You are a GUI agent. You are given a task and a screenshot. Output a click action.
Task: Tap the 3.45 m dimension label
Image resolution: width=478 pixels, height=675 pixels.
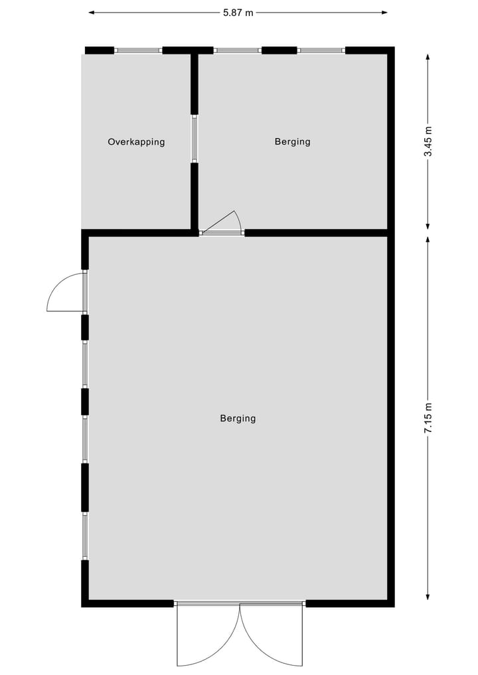pos(428,141)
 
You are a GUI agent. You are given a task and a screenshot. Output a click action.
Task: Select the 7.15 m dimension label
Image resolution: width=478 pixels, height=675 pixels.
pos(428,418)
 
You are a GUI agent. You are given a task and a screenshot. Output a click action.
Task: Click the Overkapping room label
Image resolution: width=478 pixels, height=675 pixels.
pos(136,141)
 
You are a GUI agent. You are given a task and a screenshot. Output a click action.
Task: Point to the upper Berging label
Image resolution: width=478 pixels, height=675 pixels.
pos(292,141)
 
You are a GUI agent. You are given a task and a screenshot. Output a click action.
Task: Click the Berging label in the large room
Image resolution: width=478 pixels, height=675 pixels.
pos(238,418)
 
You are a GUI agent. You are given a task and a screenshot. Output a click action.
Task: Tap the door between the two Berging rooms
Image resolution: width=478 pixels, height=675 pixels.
pos(222,226)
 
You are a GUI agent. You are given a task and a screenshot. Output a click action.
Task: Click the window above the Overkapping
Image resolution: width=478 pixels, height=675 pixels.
pos(138,50)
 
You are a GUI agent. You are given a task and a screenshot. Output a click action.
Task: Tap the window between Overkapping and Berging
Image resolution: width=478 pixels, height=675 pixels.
pos(195,139)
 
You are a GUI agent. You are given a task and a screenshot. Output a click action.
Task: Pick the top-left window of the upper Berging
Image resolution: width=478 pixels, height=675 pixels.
pos(237,50)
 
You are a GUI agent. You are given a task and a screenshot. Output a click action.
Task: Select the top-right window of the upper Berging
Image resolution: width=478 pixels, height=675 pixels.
pos(321,50)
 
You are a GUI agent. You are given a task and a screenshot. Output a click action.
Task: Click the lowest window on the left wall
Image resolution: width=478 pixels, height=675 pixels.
pos(85,536)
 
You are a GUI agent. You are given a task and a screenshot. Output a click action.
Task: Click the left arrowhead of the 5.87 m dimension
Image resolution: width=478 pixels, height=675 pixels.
pos(91,12)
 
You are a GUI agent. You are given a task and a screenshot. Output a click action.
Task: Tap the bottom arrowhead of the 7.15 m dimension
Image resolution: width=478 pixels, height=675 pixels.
pos(428,595)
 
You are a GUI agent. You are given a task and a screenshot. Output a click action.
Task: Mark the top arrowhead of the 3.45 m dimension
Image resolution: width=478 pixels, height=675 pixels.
pos(428,58)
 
